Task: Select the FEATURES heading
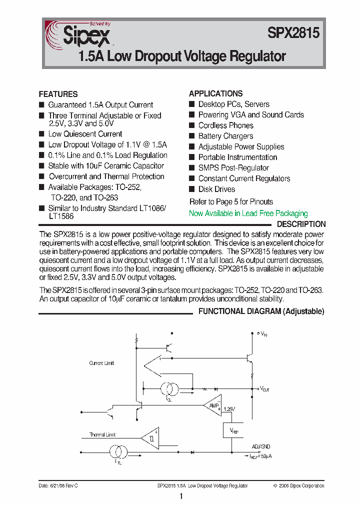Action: click(58, 94)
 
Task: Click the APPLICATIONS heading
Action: click(215, 93)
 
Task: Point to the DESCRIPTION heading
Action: click(301, 224)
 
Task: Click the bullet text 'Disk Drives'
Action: click(216, 189)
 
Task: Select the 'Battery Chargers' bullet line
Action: click(225, 136)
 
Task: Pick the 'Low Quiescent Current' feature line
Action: click(85, 134)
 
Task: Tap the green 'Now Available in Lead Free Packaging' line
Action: click(248, 213)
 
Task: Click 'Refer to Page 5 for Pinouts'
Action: click(231, 202)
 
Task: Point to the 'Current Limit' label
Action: click(101, 363)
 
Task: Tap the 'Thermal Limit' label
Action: click(102, 434)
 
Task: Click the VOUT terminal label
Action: click(264, 389)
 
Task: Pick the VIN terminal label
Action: click(263, 333)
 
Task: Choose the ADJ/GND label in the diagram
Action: click(261, 446)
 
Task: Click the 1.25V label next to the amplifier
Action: click(228, 409)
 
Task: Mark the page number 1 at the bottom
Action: click(181, 496)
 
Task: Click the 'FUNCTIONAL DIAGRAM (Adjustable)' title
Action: click(261, 311)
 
